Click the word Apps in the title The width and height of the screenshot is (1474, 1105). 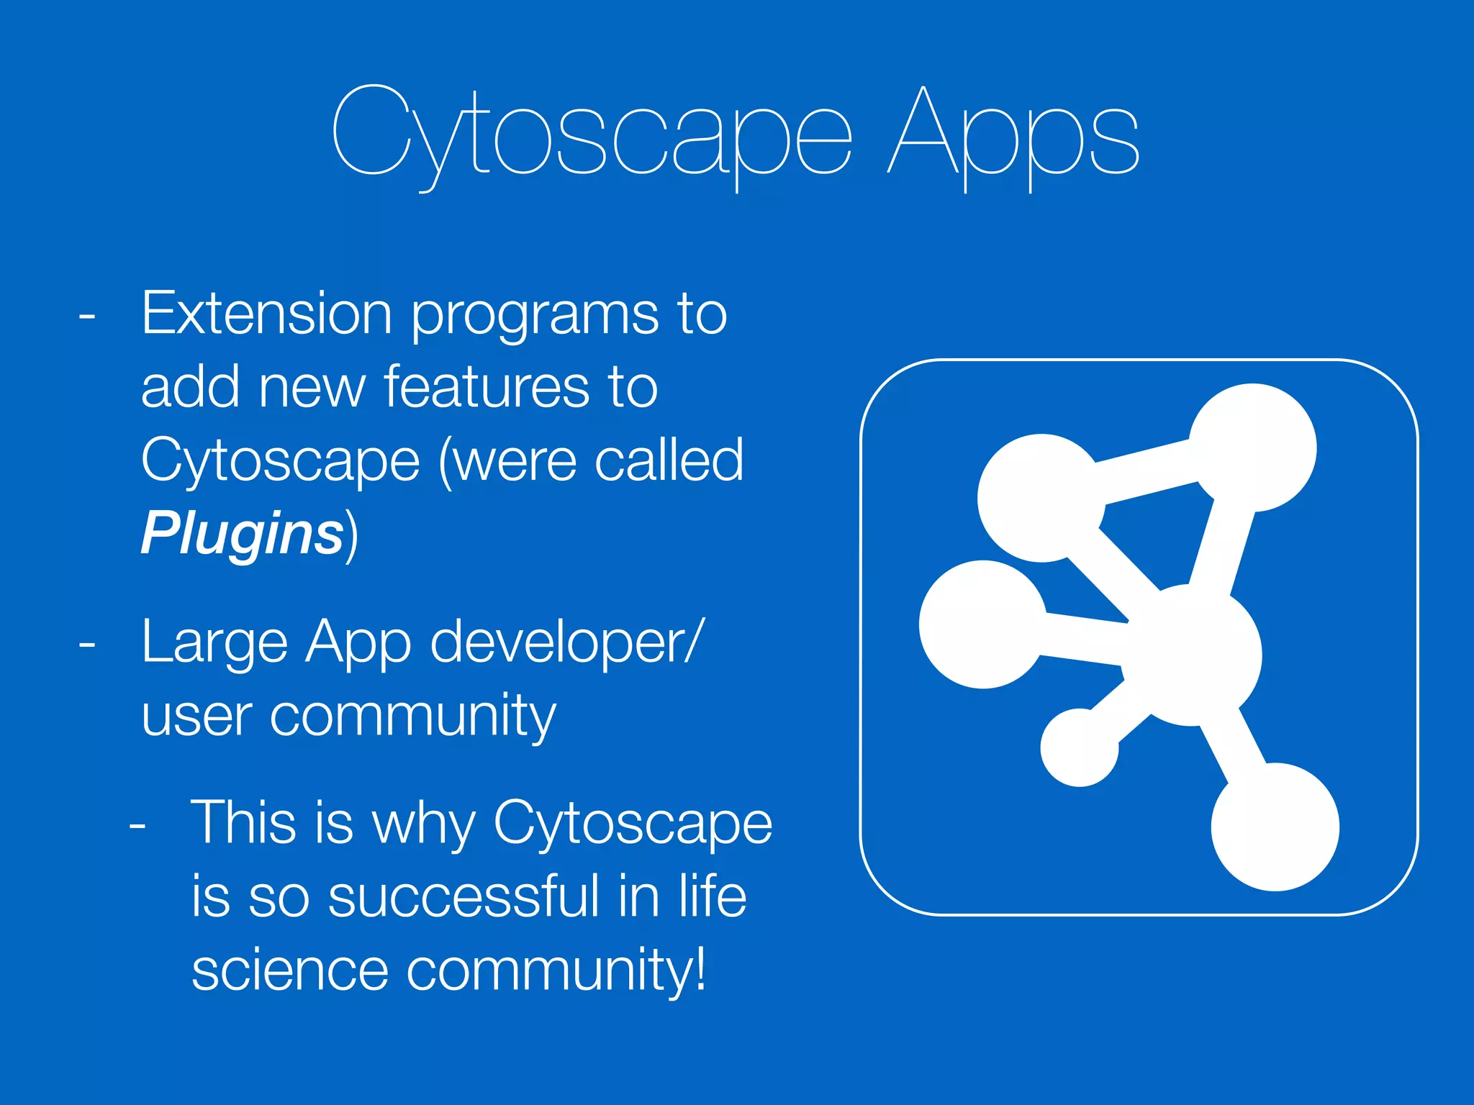pyautogui.click(x=1013, y=137)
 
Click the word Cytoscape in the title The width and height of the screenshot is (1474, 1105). pyautogui.click(x=592, y=137)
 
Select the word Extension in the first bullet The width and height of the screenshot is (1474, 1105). pyautogui.click(x=266, y=314)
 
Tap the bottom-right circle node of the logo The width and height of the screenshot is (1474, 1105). pyautogui.click(x=1275, y=827)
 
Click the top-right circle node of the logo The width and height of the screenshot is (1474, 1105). pyautogui.click(x=1252, y=447)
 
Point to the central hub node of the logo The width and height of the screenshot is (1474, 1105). pyautogui.click(x=1195, y=655)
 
